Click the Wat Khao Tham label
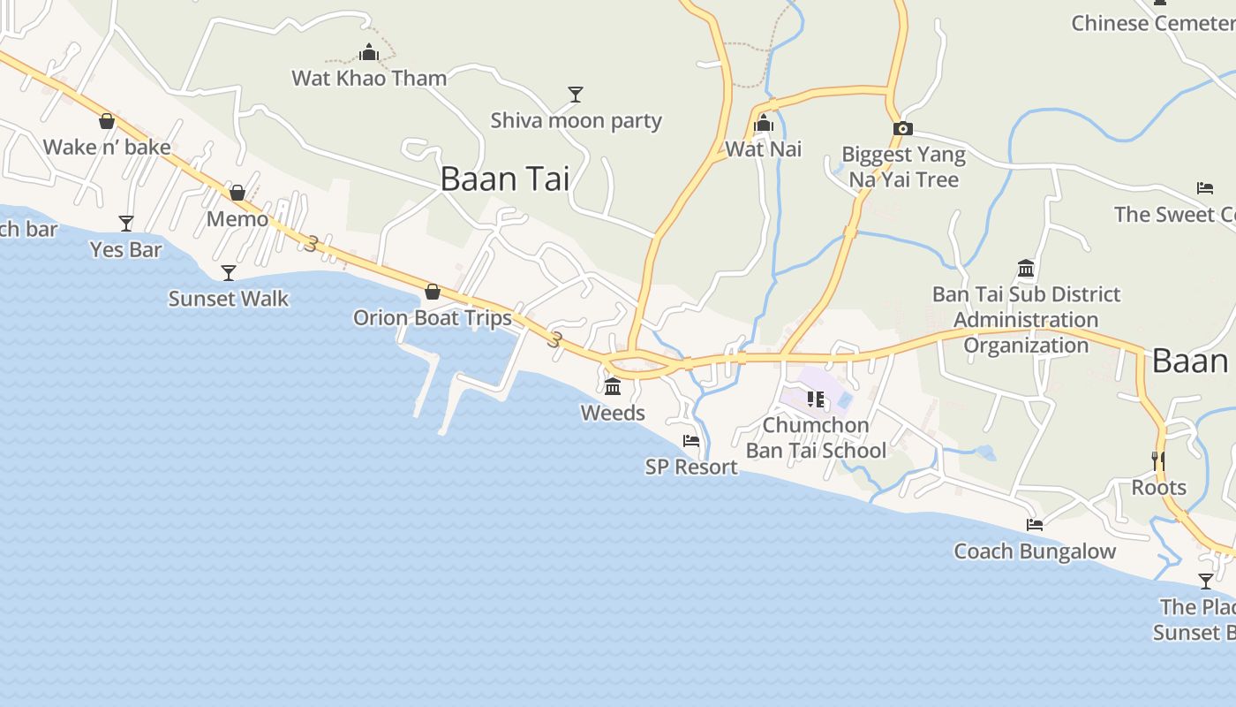pyautogui.click(x=369, y=78)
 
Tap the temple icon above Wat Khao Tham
pyautogui.click(x=369, y=53)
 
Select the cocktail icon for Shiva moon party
pyautogui.click(x=576, y=94)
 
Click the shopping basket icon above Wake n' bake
pyautogui.click(x=107, y=121)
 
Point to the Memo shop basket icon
pyautogui.click(x=237, y=193)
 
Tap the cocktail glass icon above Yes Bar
pyautogui.click(x=126, y=223)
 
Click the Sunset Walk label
pyautogui.click(x=229, y=299)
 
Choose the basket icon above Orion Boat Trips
pyautogui.click(x=433, y=292)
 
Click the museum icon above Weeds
pyautogui.click(x=613, y=386)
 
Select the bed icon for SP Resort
pyautogui.click(x=691, y=441)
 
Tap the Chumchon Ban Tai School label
pyautogui.click(x=816, y=437)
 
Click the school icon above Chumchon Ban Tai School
pyautogui.click(x=816, y=399)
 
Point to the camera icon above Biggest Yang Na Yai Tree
pyautogui.click(x=902, y=129)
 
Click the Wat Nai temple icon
pyautogui.click(x=765, y=124)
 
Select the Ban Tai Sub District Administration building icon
pyautogui.click(x=1026, y=268)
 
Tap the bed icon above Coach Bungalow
pyautogui.click(x=1035, y=525)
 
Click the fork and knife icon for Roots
pyautogui.click(x=1158, y=460)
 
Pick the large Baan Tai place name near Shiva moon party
pyautogui.click(x=504, y=179)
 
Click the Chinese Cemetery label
pyautogui.click(x=1152, y=23)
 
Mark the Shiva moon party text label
pyautogui.click(x=576, y=120)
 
